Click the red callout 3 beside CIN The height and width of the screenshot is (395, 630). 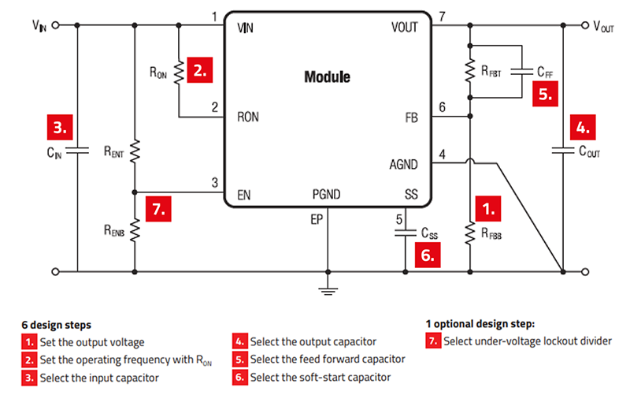pyautogui.click(x=61, y=127)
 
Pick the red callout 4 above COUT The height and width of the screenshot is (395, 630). pyautogui.click(x=584, y=127)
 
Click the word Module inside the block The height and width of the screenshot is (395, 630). pyautogui.click(x=327, y=77)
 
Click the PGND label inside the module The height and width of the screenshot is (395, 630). pyautogui.click(x=328, y=194)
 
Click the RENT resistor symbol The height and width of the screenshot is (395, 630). pyautogui.click(x=135, y=150)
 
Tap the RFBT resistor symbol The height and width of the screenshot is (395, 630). pyautogui.click(x=470, y=70)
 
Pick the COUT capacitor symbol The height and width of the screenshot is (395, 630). pyautogui.click(x=565, y=150)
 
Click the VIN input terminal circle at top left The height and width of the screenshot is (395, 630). pyautogui.click(x=56, y=24)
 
